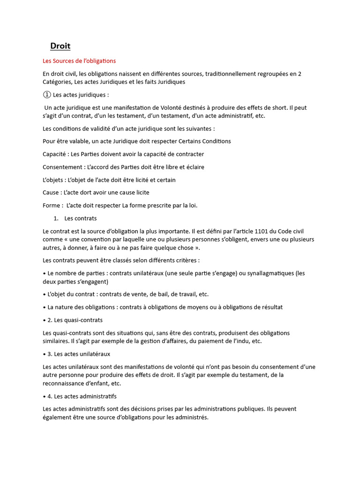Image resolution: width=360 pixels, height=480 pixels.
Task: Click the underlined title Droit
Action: click(60, 46)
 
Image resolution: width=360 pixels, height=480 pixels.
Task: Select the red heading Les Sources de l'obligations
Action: click(79, 61)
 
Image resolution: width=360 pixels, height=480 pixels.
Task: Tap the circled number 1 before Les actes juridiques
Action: click(46, 95)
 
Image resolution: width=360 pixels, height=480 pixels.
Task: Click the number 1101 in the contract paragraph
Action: click(251, 231)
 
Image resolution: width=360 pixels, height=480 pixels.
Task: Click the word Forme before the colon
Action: click(51, 205)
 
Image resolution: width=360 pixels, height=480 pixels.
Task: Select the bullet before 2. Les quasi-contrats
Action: click(44, 320)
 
